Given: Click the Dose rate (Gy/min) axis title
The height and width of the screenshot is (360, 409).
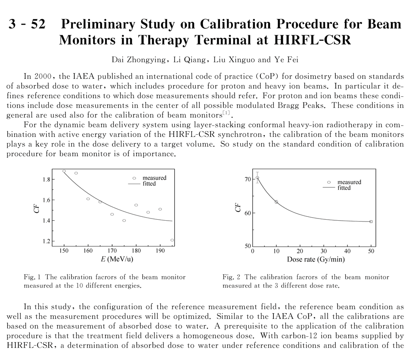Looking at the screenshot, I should (316, 260).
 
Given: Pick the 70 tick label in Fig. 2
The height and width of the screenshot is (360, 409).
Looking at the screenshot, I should (247, 179).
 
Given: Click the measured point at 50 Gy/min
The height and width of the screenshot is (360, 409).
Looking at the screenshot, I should (371, 222).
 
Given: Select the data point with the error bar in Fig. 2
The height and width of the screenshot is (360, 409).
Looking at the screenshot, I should (257, 178).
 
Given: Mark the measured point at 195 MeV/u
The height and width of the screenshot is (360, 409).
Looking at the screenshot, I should (172, 240).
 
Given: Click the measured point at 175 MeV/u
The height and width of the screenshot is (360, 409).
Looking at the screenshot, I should (124, 221).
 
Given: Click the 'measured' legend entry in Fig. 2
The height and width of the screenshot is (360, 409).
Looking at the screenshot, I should (349, 182).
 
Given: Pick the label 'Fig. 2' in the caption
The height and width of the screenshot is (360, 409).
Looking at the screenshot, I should (229, 277).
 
